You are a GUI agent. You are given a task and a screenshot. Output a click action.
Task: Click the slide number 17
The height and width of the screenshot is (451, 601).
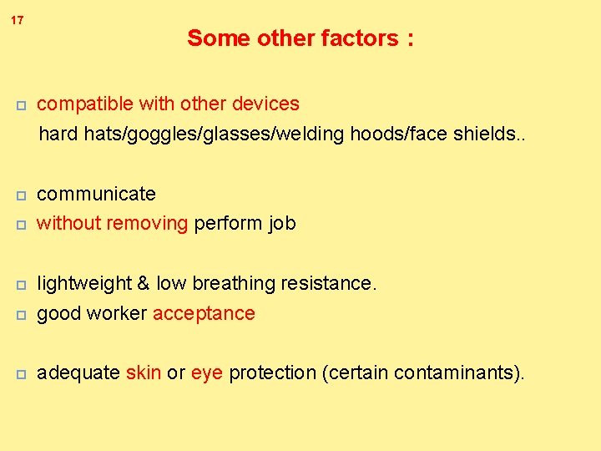[x=18, y=19]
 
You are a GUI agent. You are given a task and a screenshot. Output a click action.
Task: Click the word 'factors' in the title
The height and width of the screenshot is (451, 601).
[x=358, y=38]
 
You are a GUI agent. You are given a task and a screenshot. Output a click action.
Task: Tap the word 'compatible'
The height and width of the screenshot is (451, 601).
[x=80, y=104]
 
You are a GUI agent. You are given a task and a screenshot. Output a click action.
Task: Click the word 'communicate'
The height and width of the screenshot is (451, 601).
[x=97, y=194]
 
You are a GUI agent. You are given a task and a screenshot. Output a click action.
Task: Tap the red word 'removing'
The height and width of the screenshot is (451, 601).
[x=149, y=224]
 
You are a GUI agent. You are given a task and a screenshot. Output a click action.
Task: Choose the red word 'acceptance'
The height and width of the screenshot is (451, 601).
[x=204, y=314]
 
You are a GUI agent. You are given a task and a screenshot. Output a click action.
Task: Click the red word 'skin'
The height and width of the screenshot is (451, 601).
[x=144, y=373]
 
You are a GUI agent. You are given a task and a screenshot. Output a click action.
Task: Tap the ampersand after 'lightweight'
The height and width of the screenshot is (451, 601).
[x=142, y=284]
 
